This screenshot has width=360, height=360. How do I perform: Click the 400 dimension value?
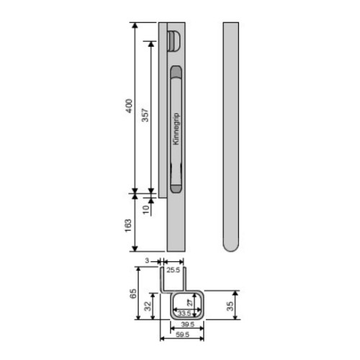coord(129,106)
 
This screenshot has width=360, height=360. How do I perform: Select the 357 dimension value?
coord(145,115)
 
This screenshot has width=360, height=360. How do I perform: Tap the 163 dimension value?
coord(128,225)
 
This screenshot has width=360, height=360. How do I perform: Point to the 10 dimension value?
coord(146,210)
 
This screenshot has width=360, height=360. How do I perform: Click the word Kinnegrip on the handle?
coord(176,129)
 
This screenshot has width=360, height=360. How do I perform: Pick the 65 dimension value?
coord(133,293)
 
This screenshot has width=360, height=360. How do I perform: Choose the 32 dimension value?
coord(148,306)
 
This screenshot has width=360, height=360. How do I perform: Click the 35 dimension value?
coord(230,306)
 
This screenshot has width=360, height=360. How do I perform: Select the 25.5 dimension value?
coord(174,270)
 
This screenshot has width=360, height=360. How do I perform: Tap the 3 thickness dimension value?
coord(147,261)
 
